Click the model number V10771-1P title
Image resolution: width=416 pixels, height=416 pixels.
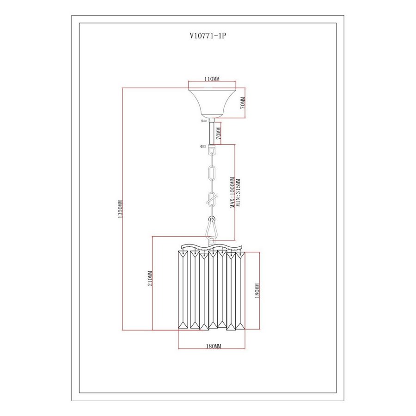208,36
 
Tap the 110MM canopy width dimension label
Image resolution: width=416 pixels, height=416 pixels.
212,79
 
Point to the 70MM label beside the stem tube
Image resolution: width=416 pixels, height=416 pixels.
218,133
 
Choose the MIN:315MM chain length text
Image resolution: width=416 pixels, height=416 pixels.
238,193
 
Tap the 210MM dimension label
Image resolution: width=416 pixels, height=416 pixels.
150,278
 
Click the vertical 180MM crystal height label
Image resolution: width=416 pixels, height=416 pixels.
257,291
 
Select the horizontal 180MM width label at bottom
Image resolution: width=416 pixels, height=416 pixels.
214,346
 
